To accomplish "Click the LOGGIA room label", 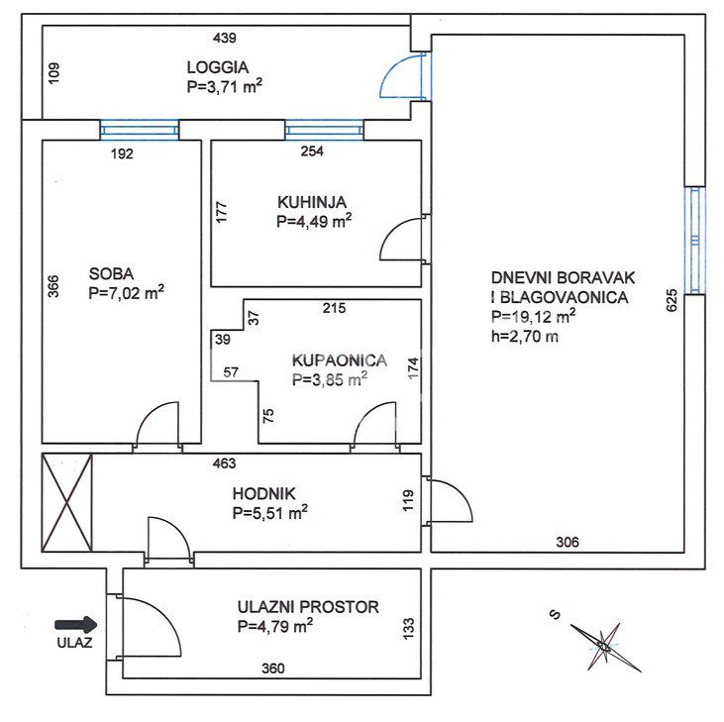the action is (218, 67).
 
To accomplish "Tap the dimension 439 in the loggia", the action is (225, 38).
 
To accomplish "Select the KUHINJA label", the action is (312, 202).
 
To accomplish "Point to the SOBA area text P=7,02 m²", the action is (126, 293).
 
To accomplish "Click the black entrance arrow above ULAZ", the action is (76, 625).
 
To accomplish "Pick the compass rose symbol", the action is (604, 646).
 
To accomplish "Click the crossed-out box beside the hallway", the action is (67, 503).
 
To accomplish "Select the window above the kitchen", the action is (325, 130).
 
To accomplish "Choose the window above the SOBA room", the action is (140, 130).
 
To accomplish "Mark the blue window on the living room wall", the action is (695, 240).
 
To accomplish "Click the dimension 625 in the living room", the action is (672, 300).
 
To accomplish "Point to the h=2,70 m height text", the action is (525, 336).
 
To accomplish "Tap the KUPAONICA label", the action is (340, 361).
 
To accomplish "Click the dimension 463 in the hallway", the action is (225, 464).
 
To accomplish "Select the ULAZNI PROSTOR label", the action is (308, 606).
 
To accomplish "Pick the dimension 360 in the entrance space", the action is (273, 668).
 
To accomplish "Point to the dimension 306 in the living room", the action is (567, 542).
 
